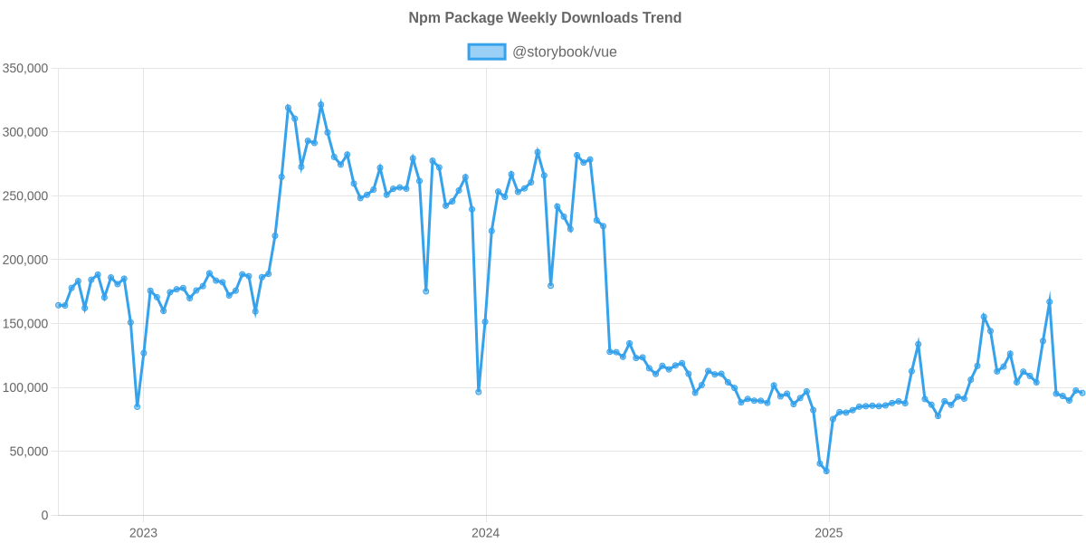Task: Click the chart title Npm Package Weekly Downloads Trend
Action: click(x=544, y=17)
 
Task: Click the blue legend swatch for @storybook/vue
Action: click(x=486, y=52)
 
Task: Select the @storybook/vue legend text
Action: click(x=564, y=52)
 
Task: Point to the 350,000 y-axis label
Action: click(x=25, y=68)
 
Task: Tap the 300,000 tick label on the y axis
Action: click(x=25, y=132)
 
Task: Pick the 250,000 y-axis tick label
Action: click(x=25, y=196)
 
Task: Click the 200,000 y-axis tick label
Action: click(x=25, y=260)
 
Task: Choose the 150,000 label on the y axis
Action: click(x=25, y=324)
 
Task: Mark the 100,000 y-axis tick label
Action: click(x=25, y=387)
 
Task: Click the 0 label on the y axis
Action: click(x=45, y=515)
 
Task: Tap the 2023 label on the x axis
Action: click(x=143, y=532)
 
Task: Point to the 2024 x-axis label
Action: click(x=486, y=532)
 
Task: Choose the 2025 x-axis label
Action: click(x=828, y=532)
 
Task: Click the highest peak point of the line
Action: click(x=320, y=105)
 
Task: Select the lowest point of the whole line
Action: click(x=826, y=471)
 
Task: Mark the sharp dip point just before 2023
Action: click(x=138, y=406)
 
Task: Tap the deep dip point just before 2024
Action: click(x=479, y=392)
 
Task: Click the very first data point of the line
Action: click(x=58, y=305)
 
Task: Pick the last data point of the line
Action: click(x=1082, y=393)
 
